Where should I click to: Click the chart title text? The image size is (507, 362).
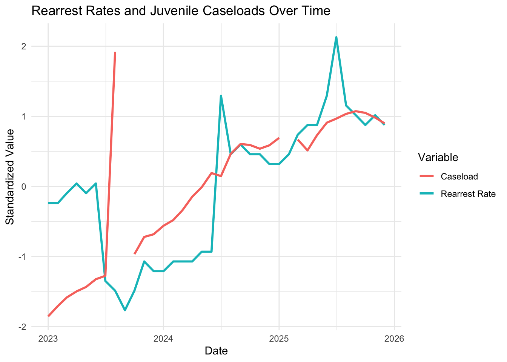[x=181, y=11]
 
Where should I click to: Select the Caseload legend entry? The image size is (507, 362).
[x=459, y=176]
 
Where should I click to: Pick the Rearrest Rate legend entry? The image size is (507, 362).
[x=468, y=194]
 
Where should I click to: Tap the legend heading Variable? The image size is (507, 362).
[x=438, y=157]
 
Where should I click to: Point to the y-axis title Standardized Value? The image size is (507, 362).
[x=10, y=176]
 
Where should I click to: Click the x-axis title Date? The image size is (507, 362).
[x=216, y=351]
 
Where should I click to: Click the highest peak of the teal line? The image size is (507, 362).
[x=336, y=37]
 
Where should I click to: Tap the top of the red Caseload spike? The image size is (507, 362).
[x=115, y=52]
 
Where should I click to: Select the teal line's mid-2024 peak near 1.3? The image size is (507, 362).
[x=221, y=96]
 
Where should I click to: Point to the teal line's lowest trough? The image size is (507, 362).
[x=125, y=310]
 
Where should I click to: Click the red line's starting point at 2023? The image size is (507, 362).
[x=48, y=316]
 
